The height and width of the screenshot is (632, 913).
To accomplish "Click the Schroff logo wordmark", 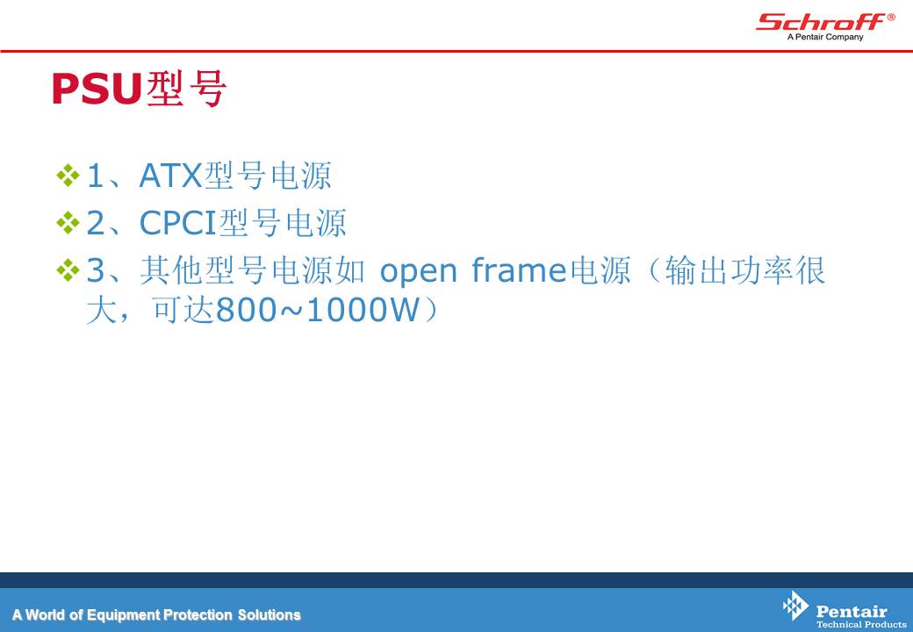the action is pyautogui.click(x=821, y=22).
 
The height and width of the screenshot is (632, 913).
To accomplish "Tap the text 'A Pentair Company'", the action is pyautogui.click(x=825, y=37).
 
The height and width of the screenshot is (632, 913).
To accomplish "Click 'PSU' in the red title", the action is pyautogui.click(x=97, y=89).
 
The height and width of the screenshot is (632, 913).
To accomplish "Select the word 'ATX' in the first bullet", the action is pyautogui.click(x=170, y=176).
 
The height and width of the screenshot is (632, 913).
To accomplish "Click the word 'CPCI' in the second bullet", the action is pyautogui.click(x=177, y=222).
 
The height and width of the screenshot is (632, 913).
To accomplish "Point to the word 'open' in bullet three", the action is pyautogui.click(x=418, y=272).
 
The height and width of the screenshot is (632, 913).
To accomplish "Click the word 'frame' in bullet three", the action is pyautogui.click(x=518, y=270).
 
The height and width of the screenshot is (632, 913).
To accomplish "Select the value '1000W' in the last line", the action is pyautogui.click(x=363, y=310).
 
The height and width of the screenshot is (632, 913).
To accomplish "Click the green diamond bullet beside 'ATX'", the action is pyautogui.click(x=68, y=176).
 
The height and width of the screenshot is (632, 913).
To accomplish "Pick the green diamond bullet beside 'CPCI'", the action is pyautogui.click(x=68, y=222).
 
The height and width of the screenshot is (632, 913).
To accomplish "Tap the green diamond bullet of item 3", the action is pyautogui.click(x=68, y=270).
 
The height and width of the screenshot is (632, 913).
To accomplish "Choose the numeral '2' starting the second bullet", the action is pyautogui.click(x=96, y=223).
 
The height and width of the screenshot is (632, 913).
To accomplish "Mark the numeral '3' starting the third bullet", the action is pyautogui.click(x=96, y=270).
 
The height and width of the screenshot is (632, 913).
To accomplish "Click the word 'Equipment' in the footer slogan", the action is pyautogui.click(x=124, y=615).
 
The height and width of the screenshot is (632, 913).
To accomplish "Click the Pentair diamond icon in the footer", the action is pyautogui.click(x=795, y=606).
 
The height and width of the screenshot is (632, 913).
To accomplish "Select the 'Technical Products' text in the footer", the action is pyautogui.click(x=860, y=624).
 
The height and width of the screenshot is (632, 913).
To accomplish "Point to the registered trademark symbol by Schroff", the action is pyautogui.click(x=891, y=18).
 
